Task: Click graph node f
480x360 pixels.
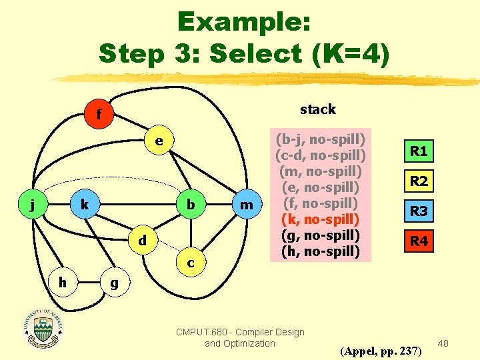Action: click(x=99, y=115)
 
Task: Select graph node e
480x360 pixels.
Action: click(x=159, y=141)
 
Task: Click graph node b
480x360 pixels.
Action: click(x=191, y=205)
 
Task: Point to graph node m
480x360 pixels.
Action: click(x=247, y=205)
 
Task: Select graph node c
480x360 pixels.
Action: click(x=191, y=263)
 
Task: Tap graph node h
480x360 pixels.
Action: click(x=61, y=282)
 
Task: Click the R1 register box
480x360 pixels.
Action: click(x=419, y=151)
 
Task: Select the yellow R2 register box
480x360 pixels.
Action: click(x=419, y=181)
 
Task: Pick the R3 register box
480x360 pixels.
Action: click(x=419, y=212)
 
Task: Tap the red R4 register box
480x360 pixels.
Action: click(x=419, y=241)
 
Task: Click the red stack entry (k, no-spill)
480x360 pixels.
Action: click(x=321, y=219)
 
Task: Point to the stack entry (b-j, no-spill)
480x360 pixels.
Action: click(x=321, y=140)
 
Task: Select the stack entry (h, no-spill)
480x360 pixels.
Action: click(x=321, y=251)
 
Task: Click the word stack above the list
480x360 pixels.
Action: click(x=318, y=109)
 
